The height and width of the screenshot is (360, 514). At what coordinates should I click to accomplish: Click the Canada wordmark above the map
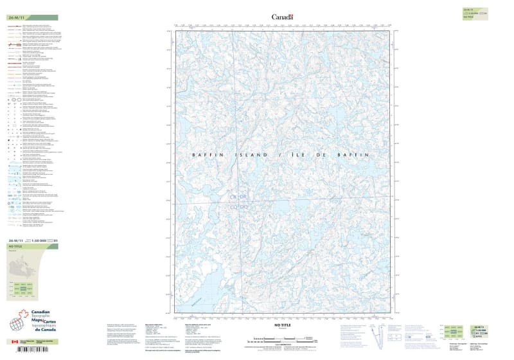(x=282, y=17)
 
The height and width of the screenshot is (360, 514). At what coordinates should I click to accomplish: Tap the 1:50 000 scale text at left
(x=40, y=240)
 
